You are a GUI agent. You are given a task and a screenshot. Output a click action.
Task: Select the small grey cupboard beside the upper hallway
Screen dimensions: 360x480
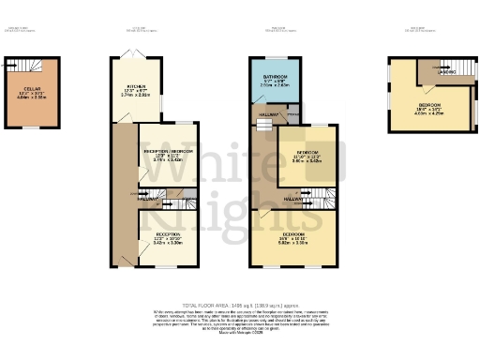292,113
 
